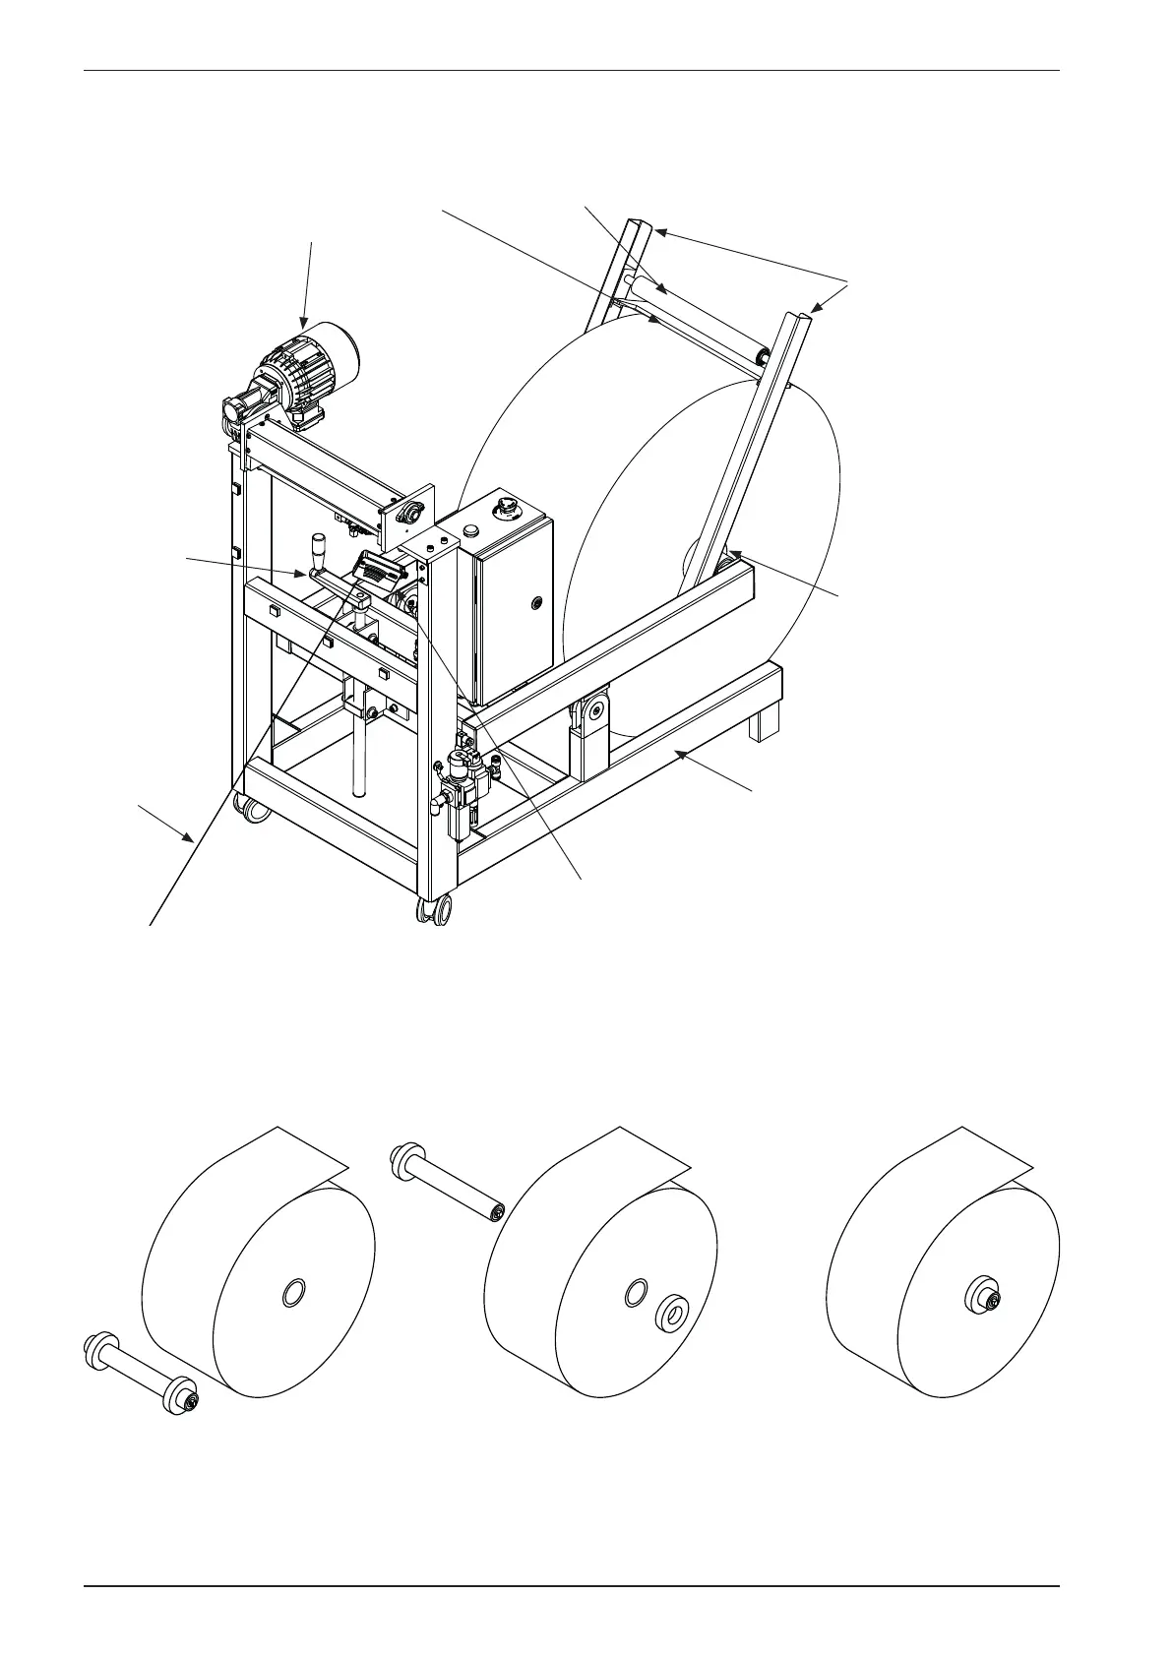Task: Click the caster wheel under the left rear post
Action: [250, 809]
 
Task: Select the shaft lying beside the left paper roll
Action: [139, 1373]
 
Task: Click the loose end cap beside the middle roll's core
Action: [673, 1311]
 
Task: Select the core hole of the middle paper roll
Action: [636, 1292]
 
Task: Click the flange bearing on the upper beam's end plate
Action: [410, 511]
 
